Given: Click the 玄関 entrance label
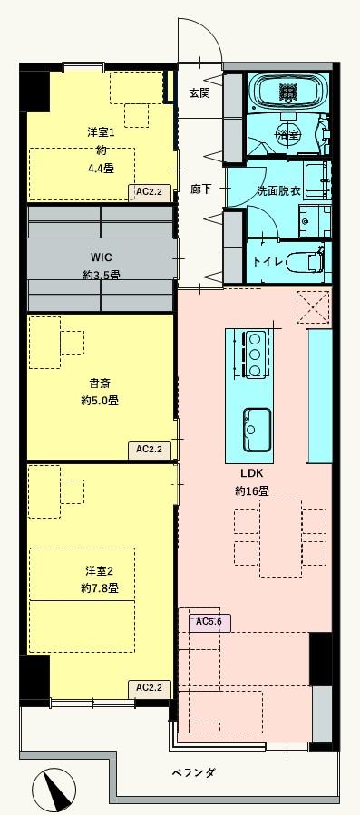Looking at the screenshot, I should coord(199,93).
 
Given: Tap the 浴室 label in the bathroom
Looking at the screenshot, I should coord(289,135).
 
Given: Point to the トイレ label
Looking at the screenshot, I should coord(268,261).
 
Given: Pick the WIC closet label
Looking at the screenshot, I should coord(100,257).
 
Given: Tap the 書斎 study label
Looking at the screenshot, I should coord(100,382).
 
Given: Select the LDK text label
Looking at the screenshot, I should coord(251,473).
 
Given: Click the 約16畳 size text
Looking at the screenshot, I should coord(251,490).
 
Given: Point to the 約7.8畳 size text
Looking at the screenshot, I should coord(100,587).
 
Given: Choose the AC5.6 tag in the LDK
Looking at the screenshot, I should coord(209,622).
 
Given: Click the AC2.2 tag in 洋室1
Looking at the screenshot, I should coord(149,192).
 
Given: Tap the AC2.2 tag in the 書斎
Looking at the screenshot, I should coord(149,449).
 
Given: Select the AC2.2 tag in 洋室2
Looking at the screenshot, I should coord(149,688).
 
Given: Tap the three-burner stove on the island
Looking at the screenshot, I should coord(256,352).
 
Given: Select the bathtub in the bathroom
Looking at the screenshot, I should coord(288,92).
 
